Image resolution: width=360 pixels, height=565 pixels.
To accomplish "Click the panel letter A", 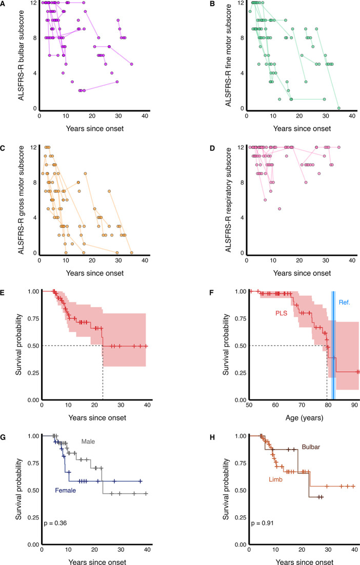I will coord(4,4).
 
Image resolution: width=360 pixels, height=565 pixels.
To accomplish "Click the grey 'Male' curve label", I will coord(83,441).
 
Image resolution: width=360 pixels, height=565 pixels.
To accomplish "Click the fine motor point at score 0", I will coord(339,108).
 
